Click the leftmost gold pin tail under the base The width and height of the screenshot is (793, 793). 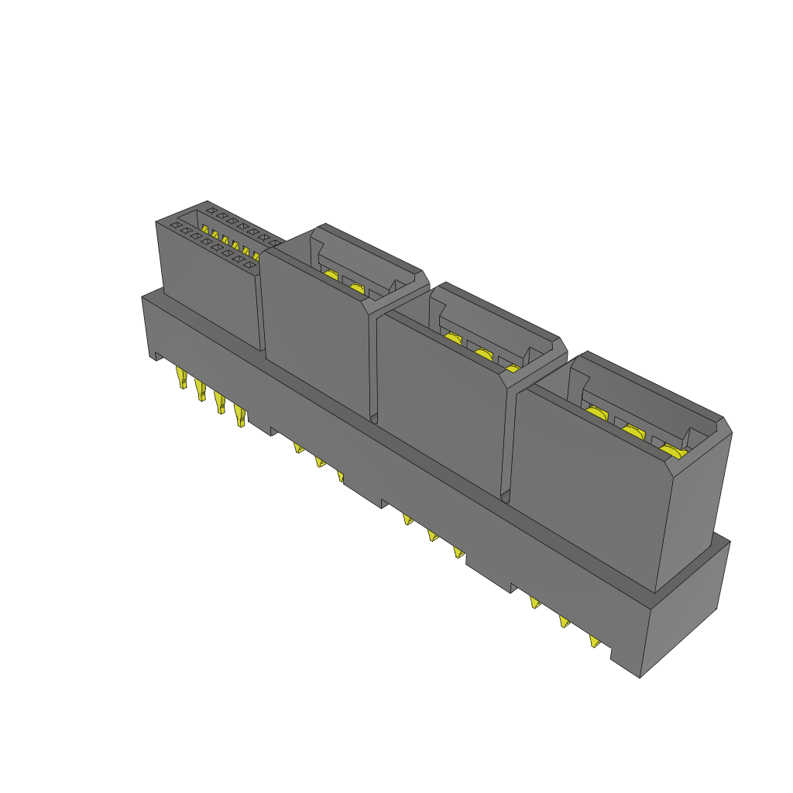[x=183, y=379]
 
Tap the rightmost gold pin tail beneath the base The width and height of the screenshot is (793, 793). [x=594, y=641]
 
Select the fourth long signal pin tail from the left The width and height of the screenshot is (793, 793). [x=241, y=417]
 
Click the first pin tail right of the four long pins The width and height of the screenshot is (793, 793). [x=298, y=447]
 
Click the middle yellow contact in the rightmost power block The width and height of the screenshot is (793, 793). [x=633, y=432]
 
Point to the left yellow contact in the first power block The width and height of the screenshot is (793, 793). [x=330, y=276]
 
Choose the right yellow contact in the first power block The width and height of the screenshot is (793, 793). [x=356, y=289]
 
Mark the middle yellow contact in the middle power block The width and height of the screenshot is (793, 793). [x=482, y=354]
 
